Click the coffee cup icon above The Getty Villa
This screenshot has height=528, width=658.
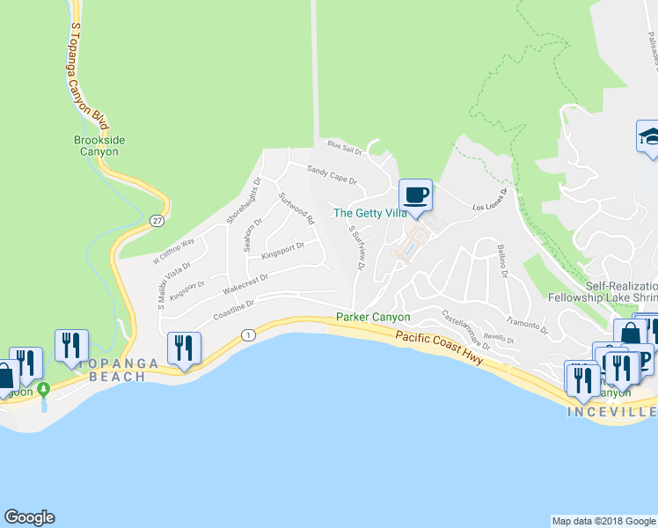pyautogui.click(x=415, y=194)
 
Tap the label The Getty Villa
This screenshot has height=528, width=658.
pyautogui.click(x=369, y=213)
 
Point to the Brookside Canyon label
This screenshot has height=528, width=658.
pyautogui.click(x=96, y=145)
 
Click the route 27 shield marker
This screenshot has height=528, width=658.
pyautogui.click(x=157, y=219)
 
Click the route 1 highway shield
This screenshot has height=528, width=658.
pyautogui.click(x=249, y=334)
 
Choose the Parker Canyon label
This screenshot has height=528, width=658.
pyautogui.click(x=373, y=317)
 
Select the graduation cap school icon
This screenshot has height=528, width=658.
pyautogui.click(x=650, y=137)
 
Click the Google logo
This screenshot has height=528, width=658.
pyautogui.click(x=29, y=517)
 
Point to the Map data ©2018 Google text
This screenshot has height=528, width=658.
pyautogui.click(x=603, y=521)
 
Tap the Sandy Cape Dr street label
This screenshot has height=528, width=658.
pyautogui.click(x=331, y=174)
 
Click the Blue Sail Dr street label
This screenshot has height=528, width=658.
pyautogui.click(x=345, y=147)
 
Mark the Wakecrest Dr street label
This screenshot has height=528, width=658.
pyautogui.click(x=245, y=282)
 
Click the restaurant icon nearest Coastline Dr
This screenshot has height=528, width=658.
pyautogui.click(x=184, y=347)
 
